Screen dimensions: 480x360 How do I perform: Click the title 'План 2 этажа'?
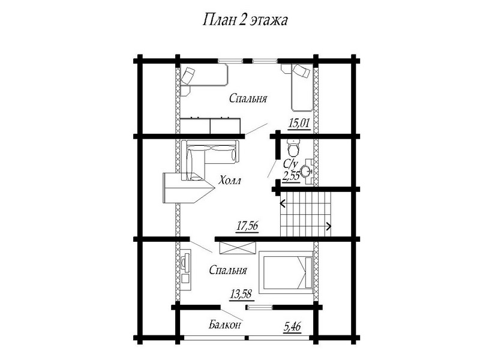coord(245,20)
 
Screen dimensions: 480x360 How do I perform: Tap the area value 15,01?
coord(299,124)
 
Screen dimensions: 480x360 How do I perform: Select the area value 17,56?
coord(247,226)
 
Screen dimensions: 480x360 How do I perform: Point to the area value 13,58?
coord(241,294)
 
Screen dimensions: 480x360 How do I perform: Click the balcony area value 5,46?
coord(293,327)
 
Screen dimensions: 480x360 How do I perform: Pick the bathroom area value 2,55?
coord(291,176)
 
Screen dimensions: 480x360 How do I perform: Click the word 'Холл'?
coord(230,181)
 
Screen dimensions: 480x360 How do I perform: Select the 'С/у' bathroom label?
coord(290,163)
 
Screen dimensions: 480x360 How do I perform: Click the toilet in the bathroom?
coord(294,148)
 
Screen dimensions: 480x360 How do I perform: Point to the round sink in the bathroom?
coord(305,172)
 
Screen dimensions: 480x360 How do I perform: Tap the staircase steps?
coord(305,214)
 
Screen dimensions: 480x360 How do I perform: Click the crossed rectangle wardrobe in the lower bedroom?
coord(238,248)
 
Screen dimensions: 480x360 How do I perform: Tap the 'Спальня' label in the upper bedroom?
coord(248,98)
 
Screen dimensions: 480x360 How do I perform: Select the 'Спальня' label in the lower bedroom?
coord(228,271)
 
